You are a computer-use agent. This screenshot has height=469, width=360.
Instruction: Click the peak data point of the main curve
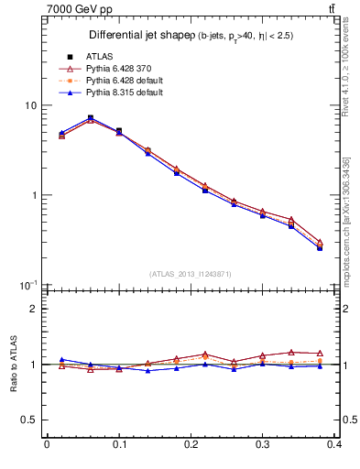click(90, 118)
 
